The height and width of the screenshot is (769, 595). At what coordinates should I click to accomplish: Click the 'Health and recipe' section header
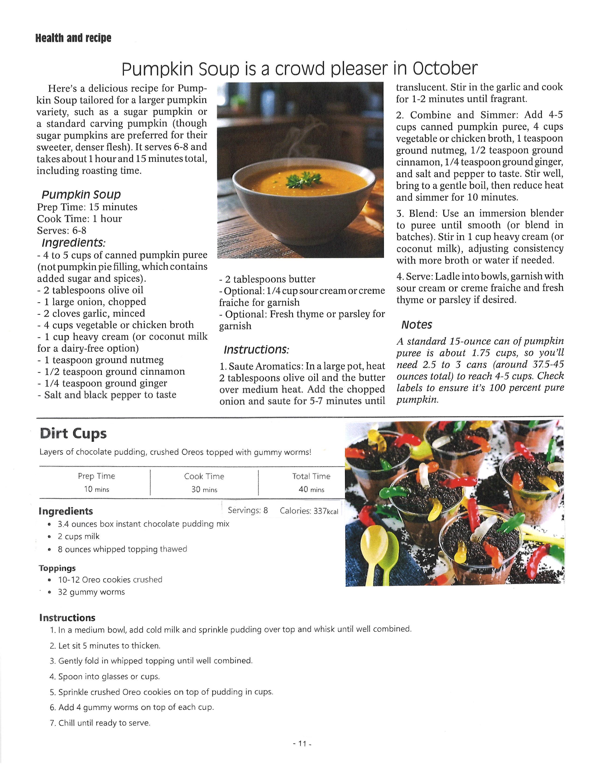coord(73,38)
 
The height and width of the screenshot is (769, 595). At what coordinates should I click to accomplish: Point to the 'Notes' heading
coord(416,325)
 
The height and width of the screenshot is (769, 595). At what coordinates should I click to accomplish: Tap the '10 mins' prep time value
coord(97,489)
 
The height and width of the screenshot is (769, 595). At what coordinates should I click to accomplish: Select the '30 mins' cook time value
coord(204,489)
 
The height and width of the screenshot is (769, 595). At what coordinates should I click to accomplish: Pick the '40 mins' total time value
coord(311,489)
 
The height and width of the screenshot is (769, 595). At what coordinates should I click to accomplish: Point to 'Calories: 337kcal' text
coord(309,511)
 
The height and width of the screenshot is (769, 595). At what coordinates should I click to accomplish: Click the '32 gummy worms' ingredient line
coord(91,592)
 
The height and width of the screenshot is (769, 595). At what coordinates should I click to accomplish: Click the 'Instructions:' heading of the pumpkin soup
coord(256,350)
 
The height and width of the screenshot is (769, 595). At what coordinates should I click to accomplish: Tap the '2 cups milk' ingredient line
coord(79,536)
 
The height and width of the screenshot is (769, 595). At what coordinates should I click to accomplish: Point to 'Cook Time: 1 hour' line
coord(79,219)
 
